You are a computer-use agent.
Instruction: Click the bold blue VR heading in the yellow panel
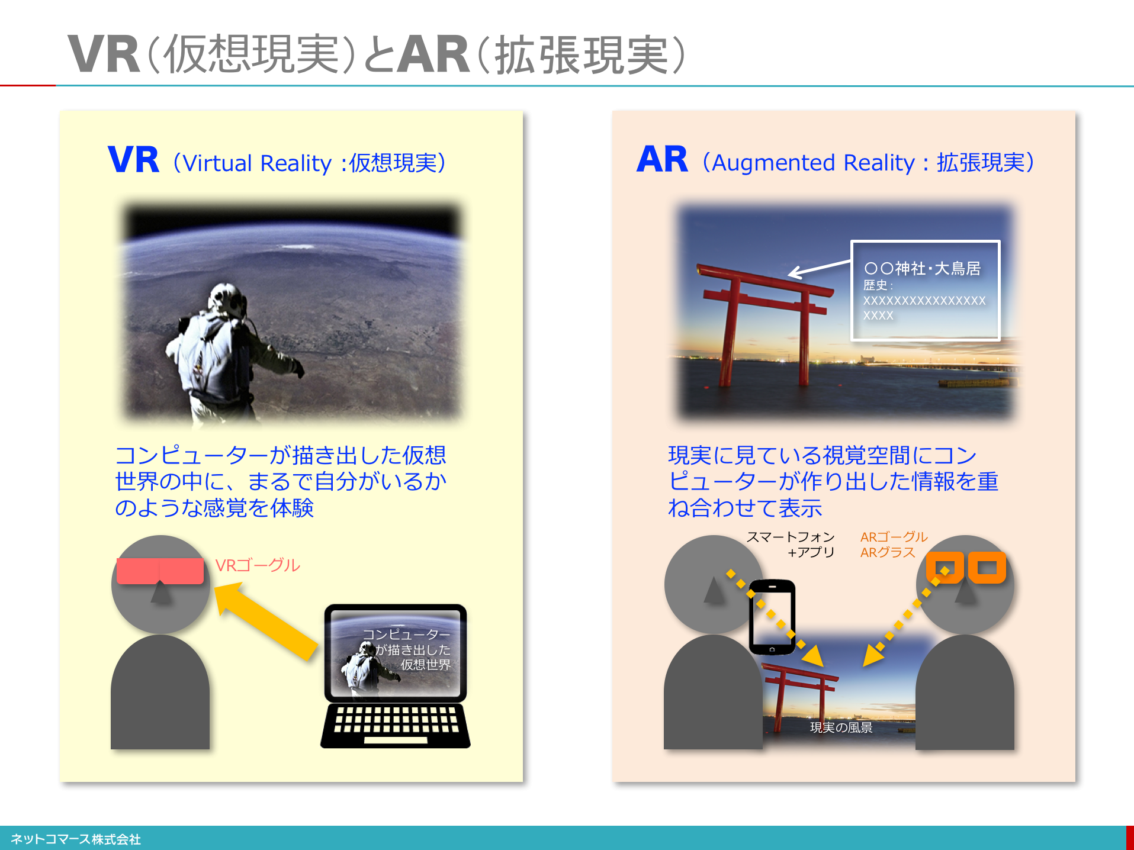133,160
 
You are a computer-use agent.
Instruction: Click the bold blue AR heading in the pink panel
662,160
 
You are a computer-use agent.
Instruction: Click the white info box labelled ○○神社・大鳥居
925,290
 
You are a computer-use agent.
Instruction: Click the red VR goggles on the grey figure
160,571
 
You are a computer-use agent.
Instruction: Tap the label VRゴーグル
258,566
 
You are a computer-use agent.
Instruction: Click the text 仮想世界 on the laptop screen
426,665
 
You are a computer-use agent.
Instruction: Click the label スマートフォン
791,537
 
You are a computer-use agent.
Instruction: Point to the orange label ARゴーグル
894,537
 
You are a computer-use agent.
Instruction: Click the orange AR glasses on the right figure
966,568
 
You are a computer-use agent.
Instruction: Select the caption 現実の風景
841,727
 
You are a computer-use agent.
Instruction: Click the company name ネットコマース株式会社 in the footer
76,839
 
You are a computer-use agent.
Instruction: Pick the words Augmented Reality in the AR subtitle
813,163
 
